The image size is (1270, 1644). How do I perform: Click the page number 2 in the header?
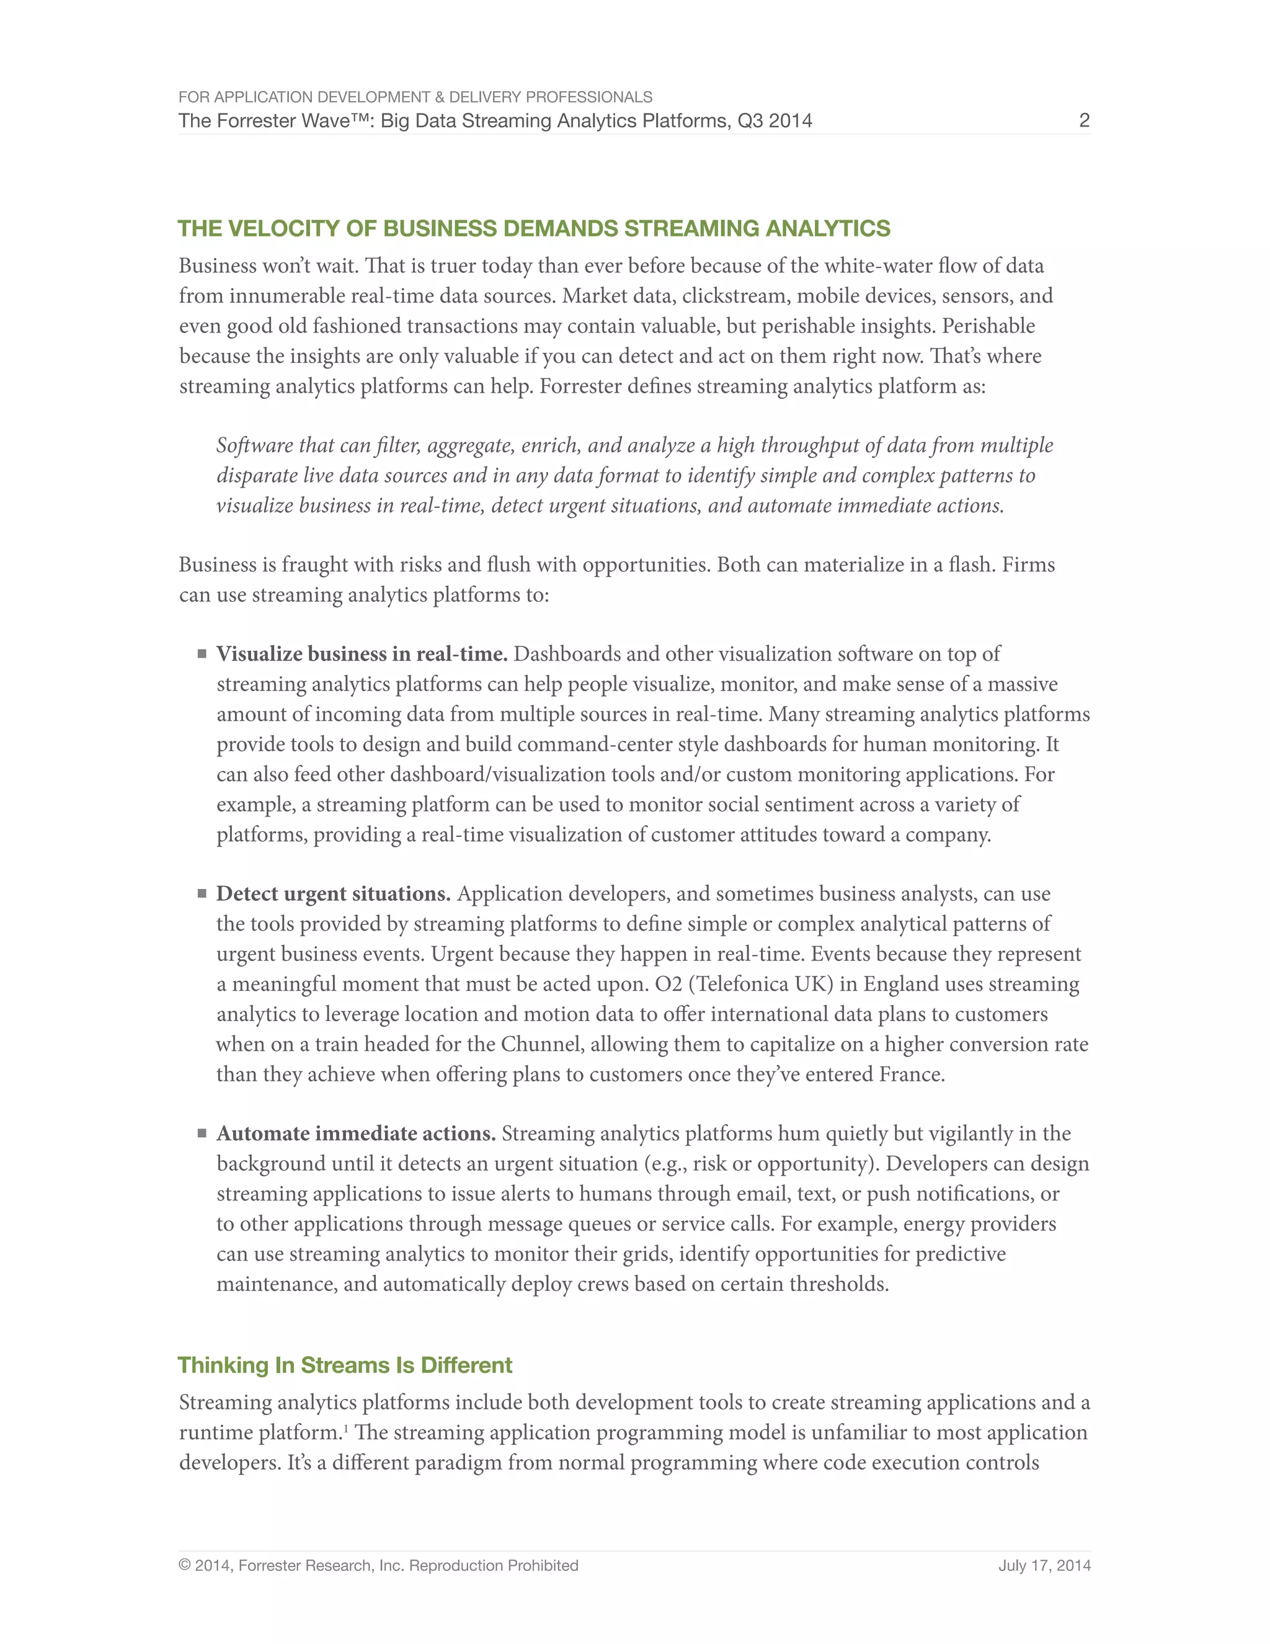[1083, 120]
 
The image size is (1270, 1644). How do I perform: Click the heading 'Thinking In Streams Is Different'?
[345, 1365]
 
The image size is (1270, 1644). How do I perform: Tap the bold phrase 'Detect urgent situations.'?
[333, 894]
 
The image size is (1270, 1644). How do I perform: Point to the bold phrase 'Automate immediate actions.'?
[356, 1133]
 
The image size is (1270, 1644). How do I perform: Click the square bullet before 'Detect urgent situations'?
[202, 893]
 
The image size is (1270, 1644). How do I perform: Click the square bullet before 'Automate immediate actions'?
[202, 1133]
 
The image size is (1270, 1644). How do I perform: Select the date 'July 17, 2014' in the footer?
[1044, 1566]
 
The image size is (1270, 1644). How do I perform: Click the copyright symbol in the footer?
[184, 1566]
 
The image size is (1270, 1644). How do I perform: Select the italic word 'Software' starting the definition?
[254, 445]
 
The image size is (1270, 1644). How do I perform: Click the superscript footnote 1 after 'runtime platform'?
[346, 1427]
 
